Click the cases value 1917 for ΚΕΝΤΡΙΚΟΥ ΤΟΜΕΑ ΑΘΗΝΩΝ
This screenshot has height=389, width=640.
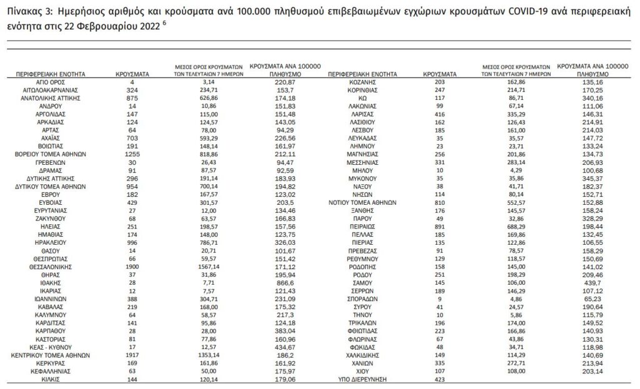point(132,354)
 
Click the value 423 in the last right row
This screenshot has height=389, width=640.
point(439,378)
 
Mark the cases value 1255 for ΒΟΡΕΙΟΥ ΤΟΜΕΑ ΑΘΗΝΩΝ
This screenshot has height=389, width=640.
point(132,154)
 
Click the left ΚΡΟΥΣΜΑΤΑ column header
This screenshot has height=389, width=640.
point(132,74)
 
